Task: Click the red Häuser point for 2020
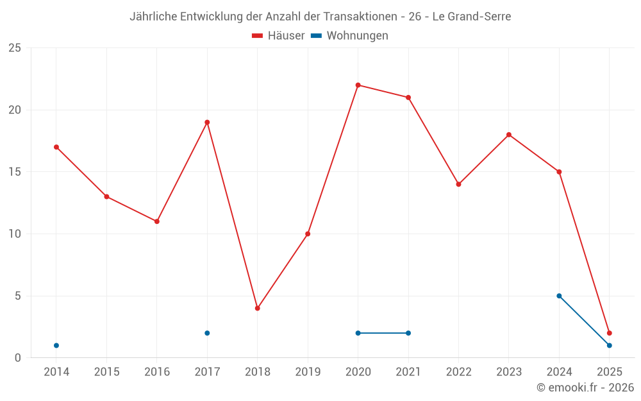pos(358,85)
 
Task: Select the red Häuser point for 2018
pos(257,308)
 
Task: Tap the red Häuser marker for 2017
pos(207,122)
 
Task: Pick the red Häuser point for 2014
pos(56,147)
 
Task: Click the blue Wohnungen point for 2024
pos(559,296)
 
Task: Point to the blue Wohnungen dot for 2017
pos(207,333)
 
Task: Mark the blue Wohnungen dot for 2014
pos(56,345)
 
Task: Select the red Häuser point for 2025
pos(610,333)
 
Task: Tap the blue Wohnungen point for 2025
pos(610,345)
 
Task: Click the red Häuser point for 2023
pos(509,135)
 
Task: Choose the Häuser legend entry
pos(278,36)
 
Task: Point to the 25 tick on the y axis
pos(14,48)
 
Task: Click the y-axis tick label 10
pos(14,234)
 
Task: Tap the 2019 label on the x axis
pos(308,372)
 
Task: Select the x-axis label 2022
pos(458,372)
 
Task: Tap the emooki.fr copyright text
pos(585,388)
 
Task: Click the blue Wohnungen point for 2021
pos(408,333)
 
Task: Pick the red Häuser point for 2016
pos(157,221)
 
